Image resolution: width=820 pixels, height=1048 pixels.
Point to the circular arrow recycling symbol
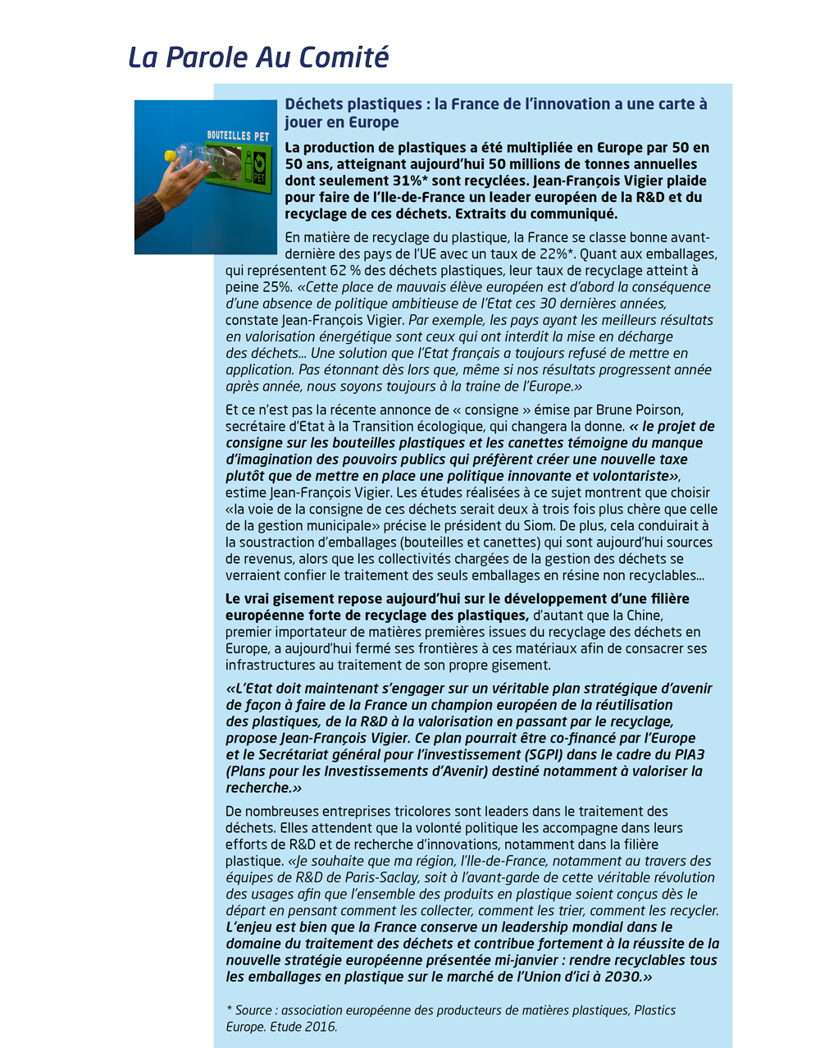pos(260,161)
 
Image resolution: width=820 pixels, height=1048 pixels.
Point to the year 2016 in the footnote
pos(317,1027)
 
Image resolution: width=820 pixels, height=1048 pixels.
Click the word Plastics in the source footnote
pos(655,1010)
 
